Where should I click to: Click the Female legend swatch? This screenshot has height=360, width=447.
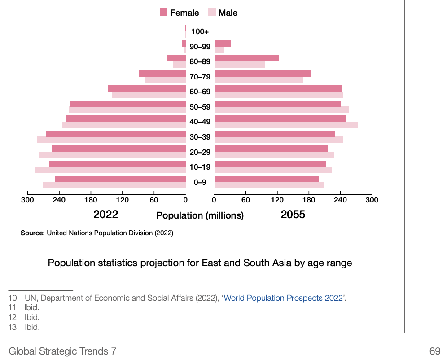(x=163, y=13)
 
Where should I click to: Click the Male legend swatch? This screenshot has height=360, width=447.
(x=212, y=13)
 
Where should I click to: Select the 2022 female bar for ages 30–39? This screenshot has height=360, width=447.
(x=116, y=134)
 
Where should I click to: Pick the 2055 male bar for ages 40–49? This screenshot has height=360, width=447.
(x=286, y=125)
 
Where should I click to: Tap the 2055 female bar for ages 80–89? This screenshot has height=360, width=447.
(x=246, y=58)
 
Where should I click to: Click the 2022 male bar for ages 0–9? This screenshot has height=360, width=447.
(x=114, y=185)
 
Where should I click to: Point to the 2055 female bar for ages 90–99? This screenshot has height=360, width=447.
(x=223, y=44)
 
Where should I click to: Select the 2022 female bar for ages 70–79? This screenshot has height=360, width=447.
(x=162, y=74)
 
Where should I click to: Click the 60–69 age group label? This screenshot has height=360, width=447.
(x=200, y=92)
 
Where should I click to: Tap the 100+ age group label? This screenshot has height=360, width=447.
(x=200, y=32)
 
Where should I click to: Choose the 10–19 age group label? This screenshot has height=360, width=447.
(x=200, y=167)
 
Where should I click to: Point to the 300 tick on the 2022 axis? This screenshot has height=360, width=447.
(x=28, y=199)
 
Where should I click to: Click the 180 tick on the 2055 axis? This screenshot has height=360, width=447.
(x=309, y=199)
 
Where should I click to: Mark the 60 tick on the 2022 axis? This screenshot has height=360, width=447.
(x=153, y=199)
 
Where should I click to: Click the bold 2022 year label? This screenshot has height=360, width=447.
(x=105, y=215)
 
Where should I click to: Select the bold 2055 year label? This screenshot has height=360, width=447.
(x=293, y=215)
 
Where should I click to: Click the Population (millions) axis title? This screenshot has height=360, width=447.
(x=200, y=215)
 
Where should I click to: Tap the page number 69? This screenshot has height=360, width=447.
(x=434, y=351)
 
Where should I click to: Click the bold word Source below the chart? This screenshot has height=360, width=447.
(x=32, y=233)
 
